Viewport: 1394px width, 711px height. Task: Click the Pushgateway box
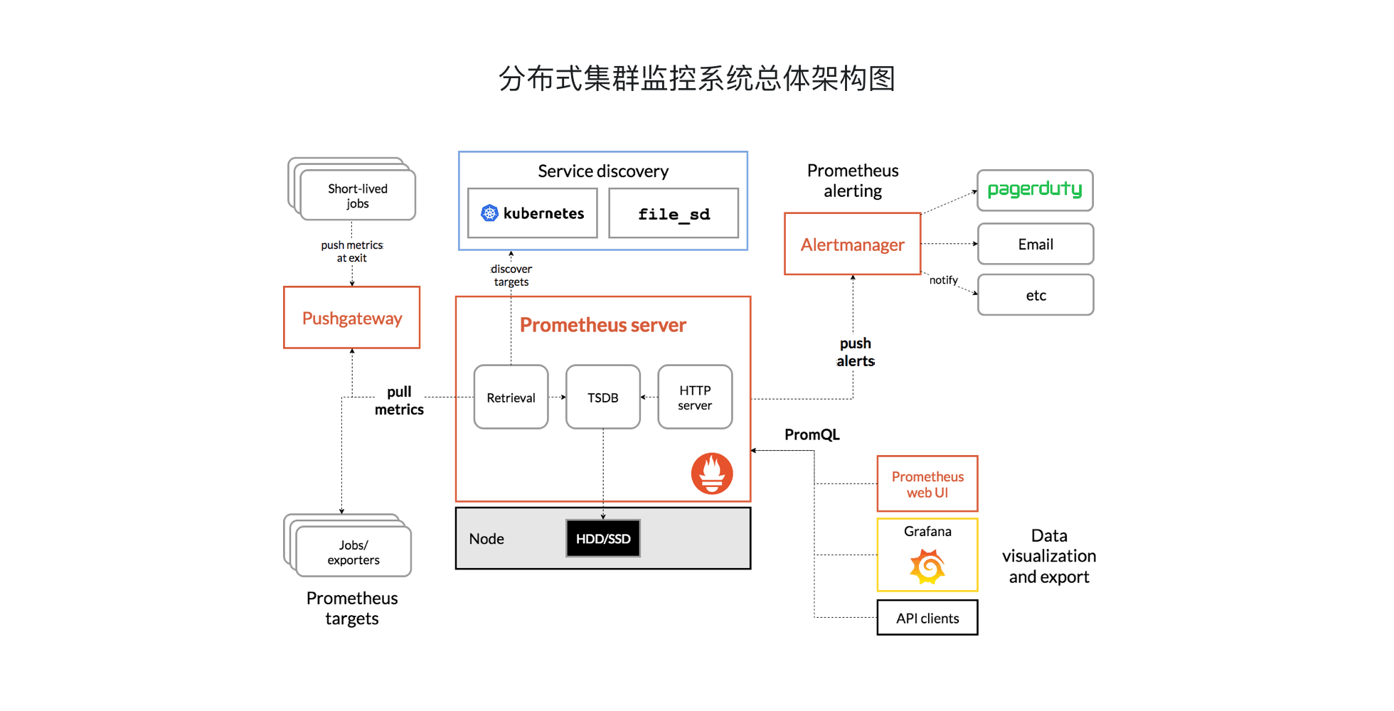click(351, 318)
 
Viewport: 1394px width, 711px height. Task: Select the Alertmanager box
click(852, 244)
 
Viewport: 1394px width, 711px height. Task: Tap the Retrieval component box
click(511, 397)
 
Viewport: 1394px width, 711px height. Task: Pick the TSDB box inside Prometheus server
click(602, 397)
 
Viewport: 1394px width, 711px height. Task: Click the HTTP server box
click(694, 397)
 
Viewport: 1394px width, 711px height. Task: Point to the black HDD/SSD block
click(602, 538)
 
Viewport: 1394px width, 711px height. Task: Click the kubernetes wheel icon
click(489, 213)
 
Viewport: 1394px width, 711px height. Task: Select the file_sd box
click(673, 213)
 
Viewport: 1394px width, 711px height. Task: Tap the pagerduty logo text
click(1034, 189)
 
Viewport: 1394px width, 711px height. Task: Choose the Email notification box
click(1035, 244)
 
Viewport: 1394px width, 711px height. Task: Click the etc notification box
click(1035, 295)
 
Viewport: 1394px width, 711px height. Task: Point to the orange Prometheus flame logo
click(711, 474)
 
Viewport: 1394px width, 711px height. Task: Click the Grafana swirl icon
click(927, 567)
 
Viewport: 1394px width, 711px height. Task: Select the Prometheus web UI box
click(927, 483)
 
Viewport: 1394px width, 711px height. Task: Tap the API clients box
click(927, 618)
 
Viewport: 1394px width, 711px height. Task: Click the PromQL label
click(812, 434)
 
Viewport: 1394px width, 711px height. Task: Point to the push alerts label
click(855, 352)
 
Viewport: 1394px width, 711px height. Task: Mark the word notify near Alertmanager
click(943, 280)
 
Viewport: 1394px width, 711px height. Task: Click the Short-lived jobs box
click(357, 196)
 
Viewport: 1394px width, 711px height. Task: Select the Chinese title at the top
click(696, 78)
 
